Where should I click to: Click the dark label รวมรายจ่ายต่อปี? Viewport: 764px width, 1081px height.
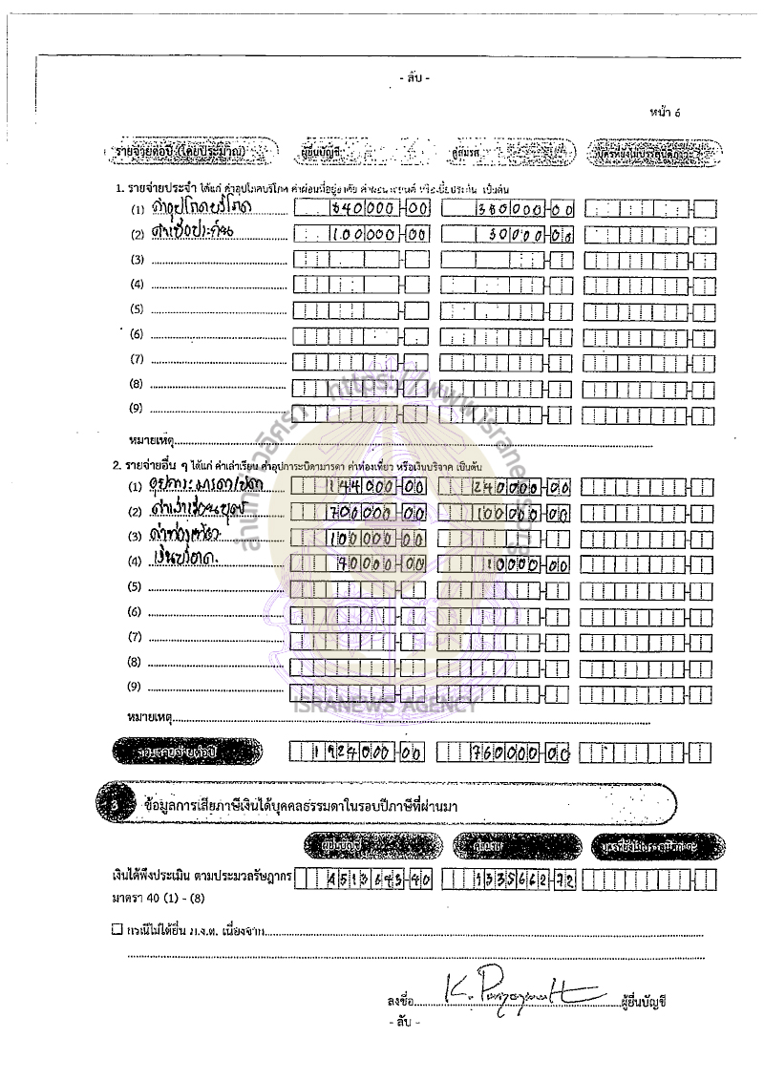(x=187, y=752)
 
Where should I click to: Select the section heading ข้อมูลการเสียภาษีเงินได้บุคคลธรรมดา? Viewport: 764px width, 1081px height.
(x=286, y=805)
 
